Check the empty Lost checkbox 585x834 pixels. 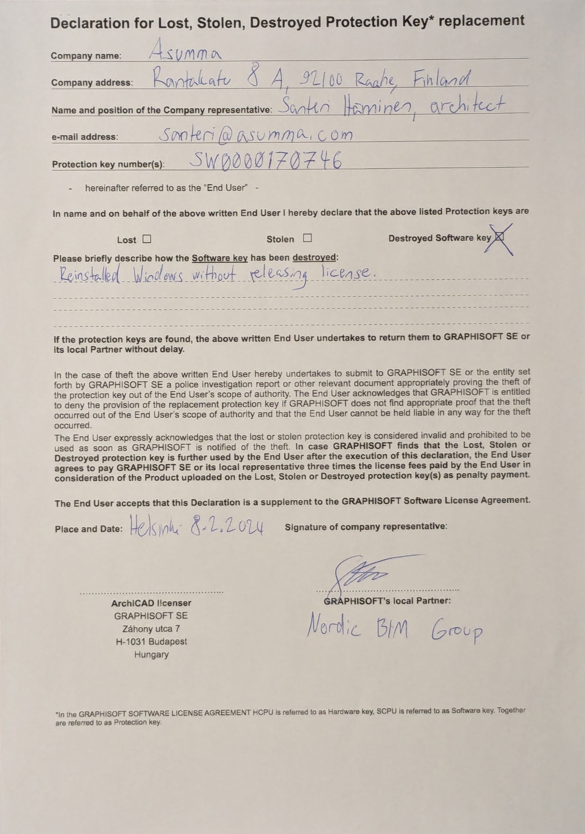tap(147, 239)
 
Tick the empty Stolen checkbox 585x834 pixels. tap(307, 238)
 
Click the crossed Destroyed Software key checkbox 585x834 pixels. tap(500, 237)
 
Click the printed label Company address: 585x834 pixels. tap(92, 83)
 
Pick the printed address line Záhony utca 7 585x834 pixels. tap(151, 628)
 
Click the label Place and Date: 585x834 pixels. tap(89, 529)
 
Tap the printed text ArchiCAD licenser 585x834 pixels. tap(151, 603)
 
